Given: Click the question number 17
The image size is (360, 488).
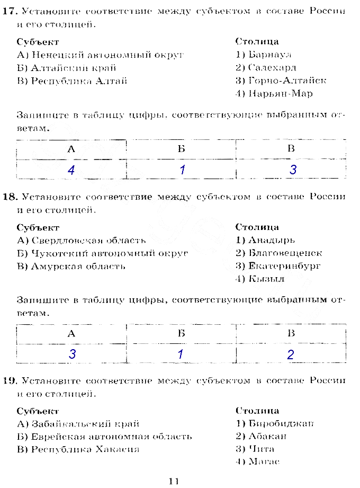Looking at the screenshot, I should pyautogui.click(x=8, y=11).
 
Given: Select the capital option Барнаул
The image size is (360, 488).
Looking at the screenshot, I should pyautogui.click(x=263, y=55).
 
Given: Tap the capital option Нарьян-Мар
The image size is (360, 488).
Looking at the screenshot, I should pyautogui.click(x=274, y=94).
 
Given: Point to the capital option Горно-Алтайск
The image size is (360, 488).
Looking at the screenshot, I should pyautogui.click(x=281, y=81).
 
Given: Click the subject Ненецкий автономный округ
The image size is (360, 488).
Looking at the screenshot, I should pyautogui.click(x=101, y=55).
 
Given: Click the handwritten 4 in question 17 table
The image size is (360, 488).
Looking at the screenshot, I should pyautogui.click(x=71, y=170).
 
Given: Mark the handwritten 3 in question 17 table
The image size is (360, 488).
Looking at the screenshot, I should pyautogui.click(x=293, y=170).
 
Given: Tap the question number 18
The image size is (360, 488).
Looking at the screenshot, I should pyautogui.click(x=9, y=197).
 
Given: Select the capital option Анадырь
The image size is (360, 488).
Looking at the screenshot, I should pyautogui.click(x=265, y=240).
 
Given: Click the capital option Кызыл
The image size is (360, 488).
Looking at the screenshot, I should pyautogui.click(x=260, y=279).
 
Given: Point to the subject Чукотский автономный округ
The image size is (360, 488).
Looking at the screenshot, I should pyautogui.click(x=103, y=253).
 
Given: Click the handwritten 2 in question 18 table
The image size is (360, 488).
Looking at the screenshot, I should pyautogui.click(x=291, y=355).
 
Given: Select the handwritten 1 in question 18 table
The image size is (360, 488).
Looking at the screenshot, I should pyautogui.click(x=181, y=354).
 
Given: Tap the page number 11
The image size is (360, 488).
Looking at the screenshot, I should pyautogui.click(x=174, y=481).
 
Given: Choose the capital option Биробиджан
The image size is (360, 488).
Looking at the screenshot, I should pyautogui.click(x=274, y=424).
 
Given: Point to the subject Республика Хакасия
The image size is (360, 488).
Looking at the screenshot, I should pyautogui.click(x=78, y=450).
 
